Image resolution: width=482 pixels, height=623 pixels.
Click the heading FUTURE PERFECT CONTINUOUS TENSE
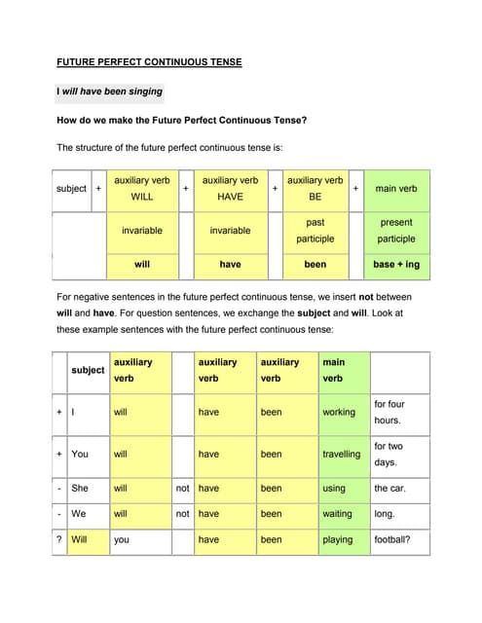coord(149,62)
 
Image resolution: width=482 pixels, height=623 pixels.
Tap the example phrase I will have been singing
coord(110,92)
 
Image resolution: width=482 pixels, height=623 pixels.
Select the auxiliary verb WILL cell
coord(142,188)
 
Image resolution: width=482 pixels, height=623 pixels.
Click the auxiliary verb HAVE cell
coord(230,188)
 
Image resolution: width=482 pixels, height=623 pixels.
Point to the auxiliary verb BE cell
coord(315,188)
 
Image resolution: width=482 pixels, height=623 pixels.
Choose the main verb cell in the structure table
coord(396,188)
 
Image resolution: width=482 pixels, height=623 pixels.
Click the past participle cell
coord(315,231)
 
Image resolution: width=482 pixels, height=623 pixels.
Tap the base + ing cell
coord(396,264)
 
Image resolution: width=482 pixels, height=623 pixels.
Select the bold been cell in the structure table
coord(315,264)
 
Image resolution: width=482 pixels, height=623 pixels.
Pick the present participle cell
coord(396,231)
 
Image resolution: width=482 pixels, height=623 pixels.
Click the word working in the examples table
coord(339,413)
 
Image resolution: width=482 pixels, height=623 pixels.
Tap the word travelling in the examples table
coord(342,454)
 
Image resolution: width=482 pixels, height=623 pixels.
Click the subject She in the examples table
coord(80,488)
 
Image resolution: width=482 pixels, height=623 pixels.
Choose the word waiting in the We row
coord(337,513)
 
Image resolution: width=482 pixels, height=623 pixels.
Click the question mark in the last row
coord(59,539)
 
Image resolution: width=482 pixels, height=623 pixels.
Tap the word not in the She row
coord(182,488)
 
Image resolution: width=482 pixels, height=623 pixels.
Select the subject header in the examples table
coord(88,370)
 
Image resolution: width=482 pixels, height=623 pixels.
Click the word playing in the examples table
coord(338,539)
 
